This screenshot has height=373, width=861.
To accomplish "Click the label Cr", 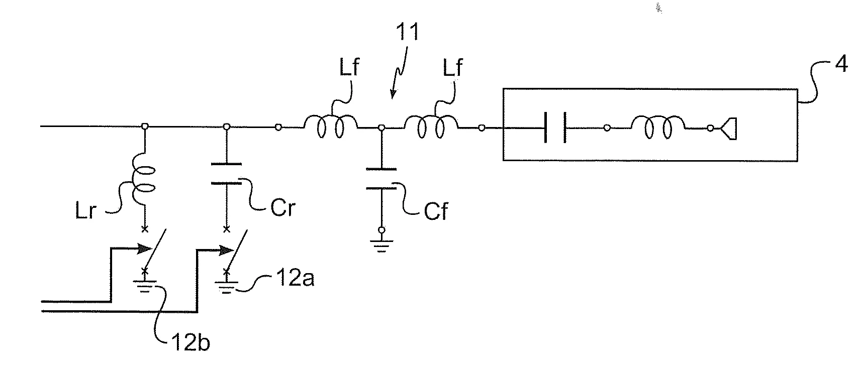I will click(x=282, y=207).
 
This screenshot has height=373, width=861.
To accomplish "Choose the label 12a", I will click(x=296, y=277).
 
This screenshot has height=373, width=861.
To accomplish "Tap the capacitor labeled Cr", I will click(x=226, y=174).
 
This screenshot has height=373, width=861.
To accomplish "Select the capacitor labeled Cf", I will click(x=381, y=179).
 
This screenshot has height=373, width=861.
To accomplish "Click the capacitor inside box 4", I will click(x=555, y=128).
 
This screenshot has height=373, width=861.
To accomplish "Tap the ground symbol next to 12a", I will click(x=226, y=288).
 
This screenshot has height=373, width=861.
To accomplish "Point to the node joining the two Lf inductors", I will click(x=381, y=129).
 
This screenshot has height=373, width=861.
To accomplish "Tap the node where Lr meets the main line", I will click(x=144, y=127).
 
